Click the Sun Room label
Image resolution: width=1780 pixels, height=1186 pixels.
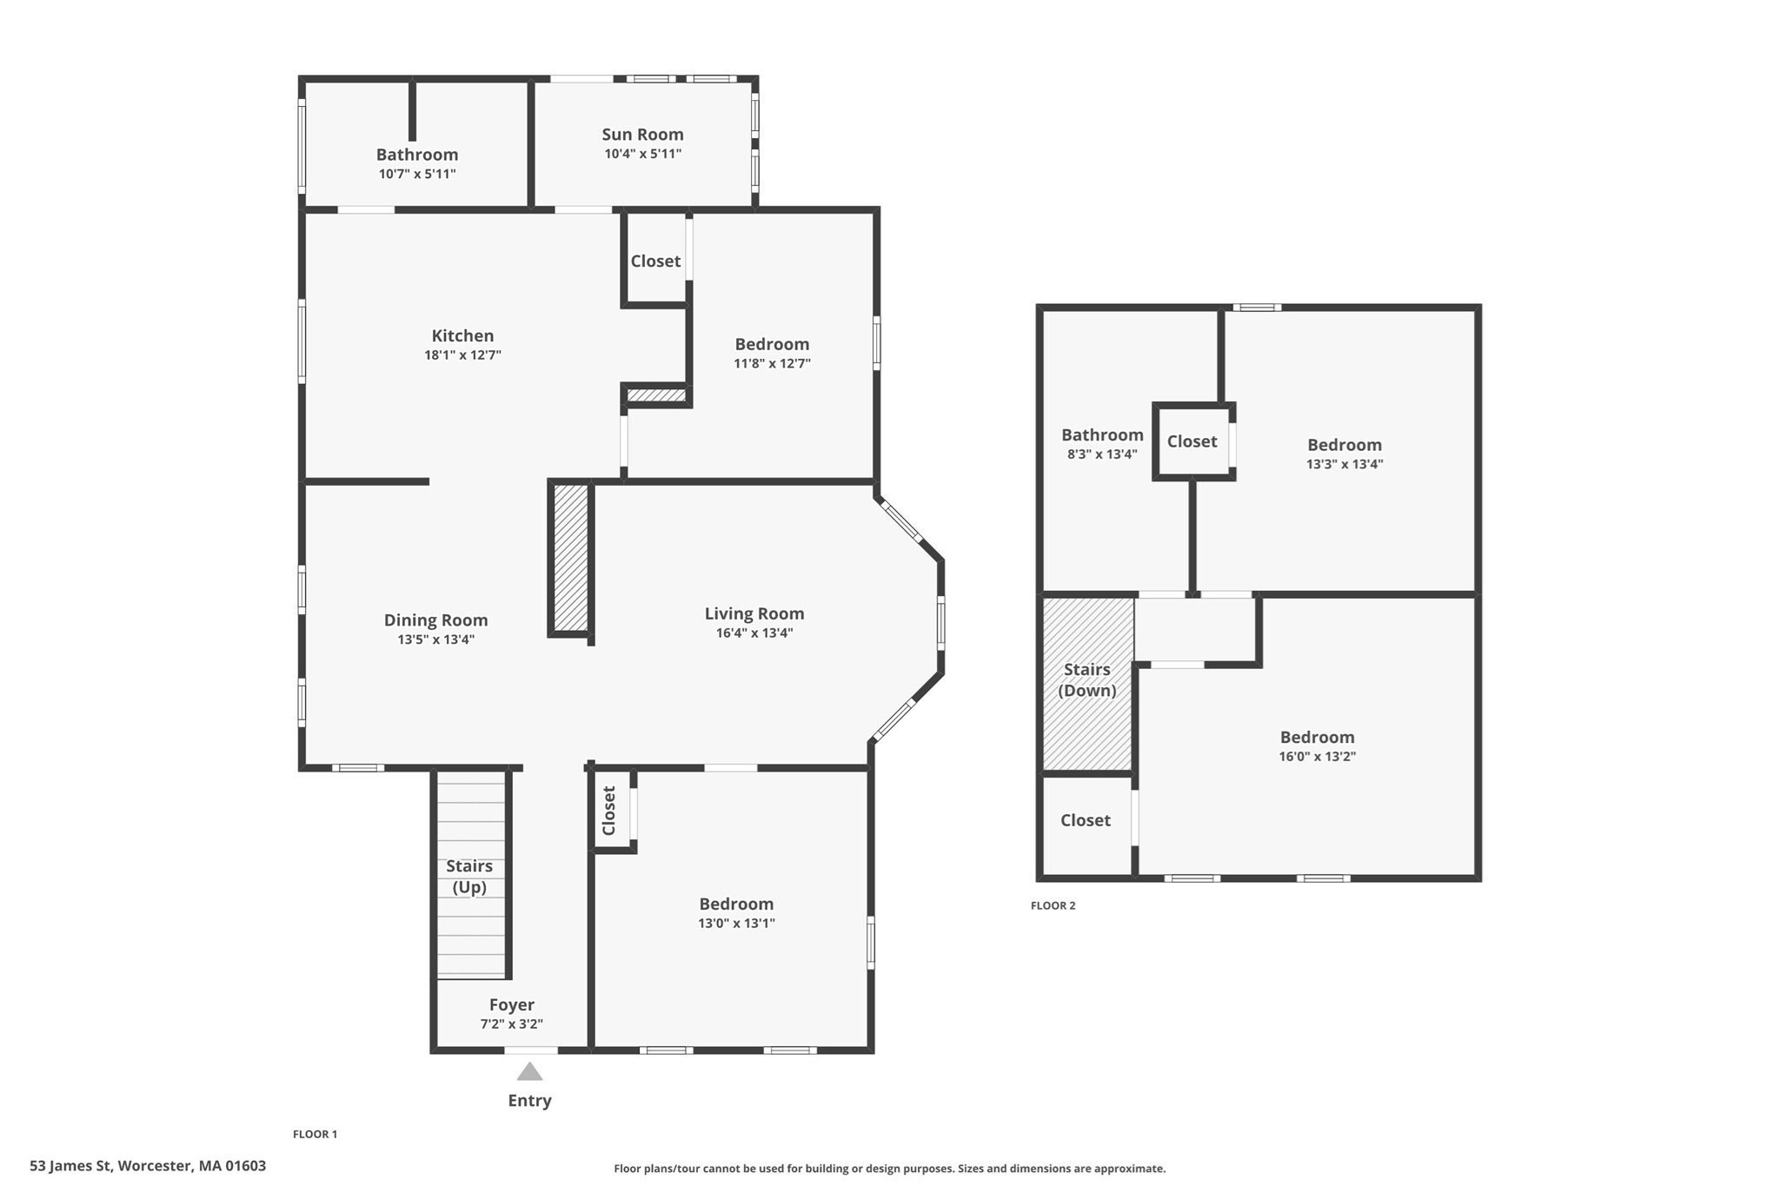[x=642, y=135]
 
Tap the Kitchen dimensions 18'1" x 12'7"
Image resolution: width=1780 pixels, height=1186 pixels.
[x=462, y=355]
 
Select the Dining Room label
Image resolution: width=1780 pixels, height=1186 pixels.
[x=435, y=620]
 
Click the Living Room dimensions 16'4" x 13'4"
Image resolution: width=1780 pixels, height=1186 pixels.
[x=754, y=633]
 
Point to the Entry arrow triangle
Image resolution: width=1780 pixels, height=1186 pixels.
[x=529, y=1072]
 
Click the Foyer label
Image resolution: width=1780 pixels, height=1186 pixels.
[x=511, y=1005]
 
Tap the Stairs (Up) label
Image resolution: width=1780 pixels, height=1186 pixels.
[x=469, y=876]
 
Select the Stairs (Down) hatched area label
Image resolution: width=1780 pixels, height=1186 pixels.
[x=1086, y=679]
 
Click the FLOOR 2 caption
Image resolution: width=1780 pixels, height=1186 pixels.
[x=1053, y=905]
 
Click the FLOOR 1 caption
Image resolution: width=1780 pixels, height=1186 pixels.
[x=315, y=1134]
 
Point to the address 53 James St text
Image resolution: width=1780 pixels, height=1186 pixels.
[x=148, y=1166]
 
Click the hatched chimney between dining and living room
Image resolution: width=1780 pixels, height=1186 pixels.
[x=571, y=557]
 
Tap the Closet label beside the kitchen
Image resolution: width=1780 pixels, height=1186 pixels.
[x=655, y=262]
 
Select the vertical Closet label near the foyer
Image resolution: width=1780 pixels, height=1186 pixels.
[x=609, y=811]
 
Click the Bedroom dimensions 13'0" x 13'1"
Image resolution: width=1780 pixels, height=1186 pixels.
[x=736, y=924]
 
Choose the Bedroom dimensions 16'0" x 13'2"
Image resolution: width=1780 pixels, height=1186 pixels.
[x=1317, y=757]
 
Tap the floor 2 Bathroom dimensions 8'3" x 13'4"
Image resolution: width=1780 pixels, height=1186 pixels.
[x=1102, y=454]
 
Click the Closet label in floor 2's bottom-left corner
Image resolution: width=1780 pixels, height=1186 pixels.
[x=1085, y=820]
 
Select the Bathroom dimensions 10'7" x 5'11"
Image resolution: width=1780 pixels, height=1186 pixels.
[x=417, y=174]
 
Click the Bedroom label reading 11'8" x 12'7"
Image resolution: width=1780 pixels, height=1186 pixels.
[x=772, y=345]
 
